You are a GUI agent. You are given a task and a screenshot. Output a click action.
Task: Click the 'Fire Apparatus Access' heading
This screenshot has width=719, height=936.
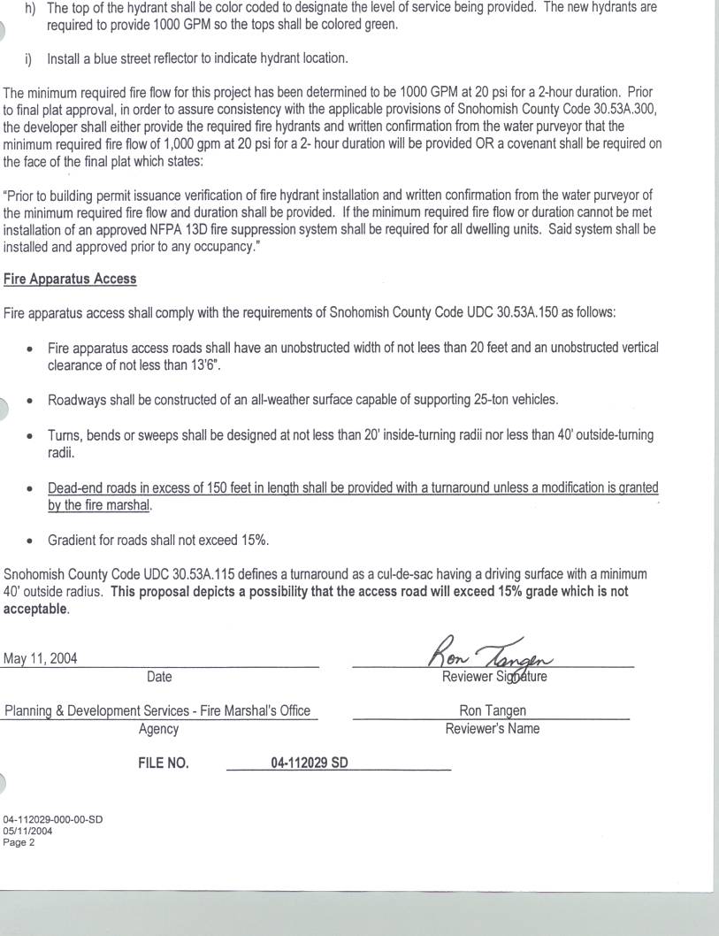(x=70, y=279)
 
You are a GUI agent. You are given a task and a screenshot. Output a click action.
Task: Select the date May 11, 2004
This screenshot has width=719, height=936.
(x=40, y=658)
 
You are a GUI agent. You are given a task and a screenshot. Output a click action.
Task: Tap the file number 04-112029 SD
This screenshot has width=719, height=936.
(x=309, y=763)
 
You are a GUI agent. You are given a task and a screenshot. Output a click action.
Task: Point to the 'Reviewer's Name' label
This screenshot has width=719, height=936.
(x=492, y=729)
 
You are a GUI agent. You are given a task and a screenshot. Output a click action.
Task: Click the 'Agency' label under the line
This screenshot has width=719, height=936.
(x=158, y=729)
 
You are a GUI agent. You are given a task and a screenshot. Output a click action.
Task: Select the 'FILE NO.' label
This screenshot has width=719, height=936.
(x=163, y=763)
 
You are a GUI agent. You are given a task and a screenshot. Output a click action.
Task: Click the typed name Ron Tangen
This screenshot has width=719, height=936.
(x=492, y=710)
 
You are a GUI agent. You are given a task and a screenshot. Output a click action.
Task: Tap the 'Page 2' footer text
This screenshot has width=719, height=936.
(x=19, y=842)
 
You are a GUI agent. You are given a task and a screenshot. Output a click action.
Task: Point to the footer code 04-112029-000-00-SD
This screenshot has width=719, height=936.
(x=52, y=819)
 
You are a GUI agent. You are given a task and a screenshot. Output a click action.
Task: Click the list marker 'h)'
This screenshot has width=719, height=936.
(x=31, y=7)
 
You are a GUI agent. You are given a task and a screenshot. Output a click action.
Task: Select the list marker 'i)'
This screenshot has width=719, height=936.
(x=28, y=59)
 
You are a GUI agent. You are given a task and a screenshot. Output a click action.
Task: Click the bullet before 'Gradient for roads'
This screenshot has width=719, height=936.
(x=31, y=541)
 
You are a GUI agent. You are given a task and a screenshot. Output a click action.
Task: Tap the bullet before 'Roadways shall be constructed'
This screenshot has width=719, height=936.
(x=31, y=401)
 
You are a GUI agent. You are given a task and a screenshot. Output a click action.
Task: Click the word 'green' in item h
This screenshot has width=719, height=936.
(x=379, y=25)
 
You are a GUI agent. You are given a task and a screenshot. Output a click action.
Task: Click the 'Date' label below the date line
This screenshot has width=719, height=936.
(x=159, y=677)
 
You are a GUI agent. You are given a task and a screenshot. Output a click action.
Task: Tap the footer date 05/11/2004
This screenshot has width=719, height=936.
(x=27, y=831)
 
